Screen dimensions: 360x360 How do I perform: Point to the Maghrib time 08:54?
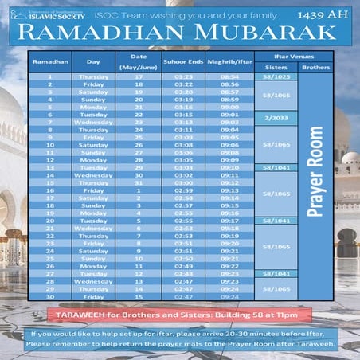coord(229,77)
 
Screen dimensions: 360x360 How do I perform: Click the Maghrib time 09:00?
coord(229,106)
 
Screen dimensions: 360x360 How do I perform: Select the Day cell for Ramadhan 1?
coord(94,77)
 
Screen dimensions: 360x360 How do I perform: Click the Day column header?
coord(94,61)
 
